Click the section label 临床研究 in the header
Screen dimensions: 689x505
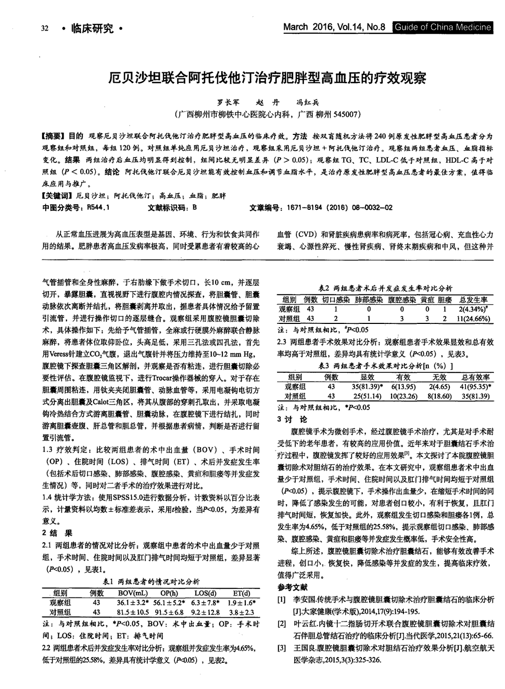(92, 28)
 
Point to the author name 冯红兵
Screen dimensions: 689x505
(307, 103)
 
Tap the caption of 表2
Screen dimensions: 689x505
(385, 288)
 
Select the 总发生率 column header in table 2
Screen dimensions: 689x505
(473, 300)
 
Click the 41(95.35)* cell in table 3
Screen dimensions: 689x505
(475, 386)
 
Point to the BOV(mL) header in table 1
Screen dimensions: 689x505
(132, 593)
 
